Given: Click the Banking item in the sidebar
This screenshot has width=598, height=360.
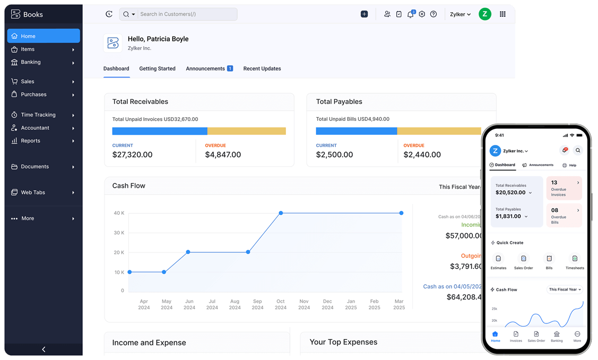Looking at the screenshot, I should (31, 62).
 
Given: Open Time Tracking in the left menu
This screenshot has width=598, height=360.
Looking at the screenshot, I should (38, 115).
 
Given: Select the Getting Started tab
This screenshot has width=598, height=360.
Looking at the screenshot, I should (157, 68).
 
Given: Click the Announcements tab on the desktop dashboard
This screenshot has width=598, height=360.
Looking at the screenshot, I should (205, 68).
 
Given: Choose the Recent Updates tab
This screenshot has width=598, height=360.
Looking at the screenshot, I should (262, 68).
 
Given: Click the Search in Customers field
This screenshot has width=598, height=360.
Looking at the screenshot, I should (186, 14).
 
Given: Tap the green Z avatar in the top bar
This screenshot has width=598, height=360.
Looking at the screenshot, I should (484, 14).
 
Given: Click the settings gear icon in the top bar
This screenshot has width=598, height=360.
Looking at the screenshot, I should (422, 14).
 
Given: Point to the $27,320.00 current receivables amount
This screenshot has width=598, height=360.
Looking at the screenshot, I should (132, 155).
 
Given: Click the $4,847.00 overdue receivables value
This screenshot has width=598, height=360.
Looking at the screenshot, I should (223, 155).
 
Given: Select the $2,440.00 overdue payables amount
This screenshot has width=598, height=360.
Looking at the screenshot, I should (422, 155).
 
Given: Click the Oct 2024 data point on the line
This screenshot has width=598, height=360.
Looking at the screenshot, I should (281, 213).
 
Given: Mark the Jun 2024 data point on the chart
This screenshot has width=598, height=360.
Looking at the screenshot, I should (188, 252).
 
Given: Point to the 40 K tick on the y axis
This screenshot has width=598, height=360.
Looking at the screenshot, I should (119, 213).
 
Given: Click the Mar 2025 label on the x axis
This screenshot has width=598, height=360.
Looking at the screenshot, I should (399, 304).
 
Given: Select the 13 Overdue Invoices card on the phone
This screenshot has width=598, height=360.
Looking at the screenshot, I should (564, 188).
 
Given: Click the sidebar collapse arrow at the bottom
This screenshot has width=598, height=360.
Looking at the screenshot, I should (44, 349).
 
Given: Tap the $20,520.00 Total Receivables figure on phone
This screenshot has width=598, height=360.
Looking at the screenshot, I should (510, 192).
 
